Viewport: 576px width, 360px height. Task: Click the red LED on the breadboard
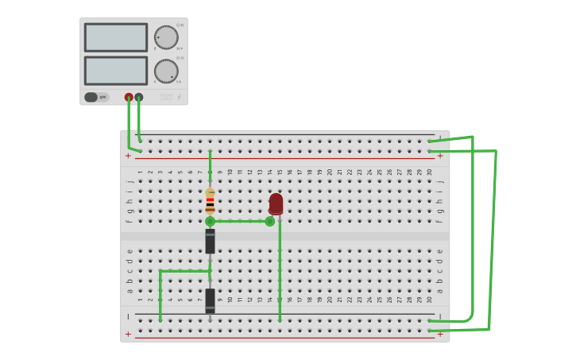tap(276, 203)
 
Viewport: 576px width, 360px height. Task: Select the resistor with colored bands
tap(210, 200)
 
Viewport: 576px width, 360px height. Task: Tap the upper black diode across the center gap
tap(210, 241)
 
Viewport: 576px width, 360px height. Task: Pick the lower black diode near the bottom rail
tap(210, 300)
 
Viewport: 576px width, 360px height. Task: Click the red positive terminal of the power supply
tap(129, 97)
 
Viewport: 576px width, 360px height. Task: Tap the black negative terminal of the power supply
tap(139, 97)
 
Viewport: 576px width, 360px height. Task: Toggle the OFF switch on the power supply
tap(95, 97)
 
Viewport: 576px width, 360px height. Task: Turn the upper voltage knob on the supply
tap(166, 37)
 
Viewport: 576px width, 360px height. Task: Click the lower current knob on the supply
tap(166, 71)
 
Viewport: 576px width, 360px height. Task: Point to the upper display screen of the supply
tap(116, 37)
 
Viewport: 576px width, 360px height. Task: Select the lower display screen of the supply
tap(116, 70)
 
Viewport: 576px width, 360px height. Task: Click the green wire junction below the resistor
tap(210, 222)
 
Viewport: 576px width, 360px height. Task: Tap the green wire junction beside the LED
tap(270, 222)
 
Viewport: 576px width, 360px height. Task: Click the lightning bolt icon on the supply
tap(179, 97)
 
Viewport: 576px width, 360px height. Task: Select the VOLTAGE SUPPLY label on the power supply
tap(165, 97)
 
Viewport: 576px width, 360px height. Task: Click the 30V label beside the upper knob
tap(180, 48)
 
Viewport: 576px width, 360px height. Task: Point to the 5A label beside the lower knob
tap(179, 82)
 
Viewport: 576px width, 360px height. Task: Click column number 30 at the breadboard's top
tap(430, 172)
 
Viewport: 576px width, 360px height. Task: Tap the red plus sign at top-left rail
tap(128, 156)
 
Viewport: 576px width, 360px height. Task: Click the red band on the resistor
tap(210, 200)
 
